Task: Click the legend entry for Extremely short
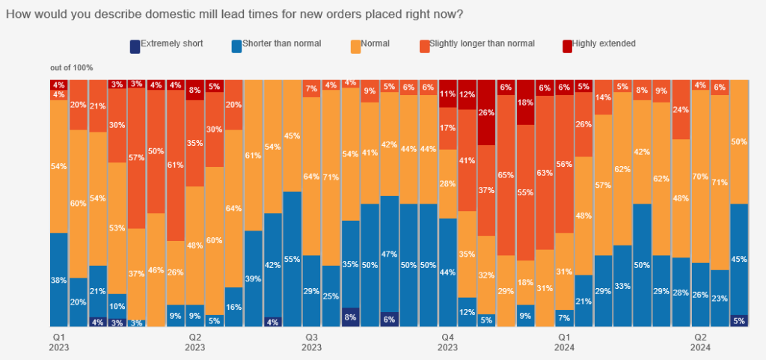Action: click(166, 44)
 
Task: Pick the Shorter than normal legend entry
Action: click(275, 44)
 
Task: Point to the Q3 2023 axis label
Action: click(311, 342)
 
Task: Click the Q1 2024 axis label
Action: click(564, 342)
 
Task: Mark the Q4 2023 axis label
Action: click(447, 342)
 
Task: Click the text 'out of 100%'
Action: click(72, 67)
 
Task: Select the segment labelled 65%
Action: click(506, 174)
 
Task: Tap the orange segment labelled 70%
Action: click(701, 177)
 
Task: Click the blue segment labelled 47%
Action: click(389, 254)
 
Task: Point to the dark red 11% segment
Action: click(447, 94)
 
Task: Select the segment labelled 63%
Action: click(545, 173)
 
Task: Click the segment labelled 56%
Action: click(564, 164)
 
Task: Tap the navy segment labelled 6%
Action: click(389, 319)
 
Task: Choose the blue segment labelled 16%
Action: click(233, 307)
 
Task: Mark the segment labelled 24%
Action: click(681, 109)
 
